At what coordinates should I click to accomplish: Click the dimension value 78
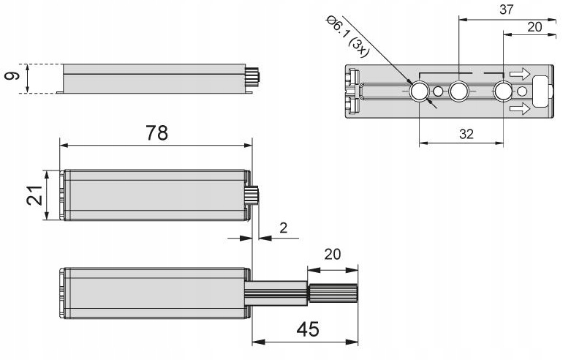pyautogui.click(x=157, y=133)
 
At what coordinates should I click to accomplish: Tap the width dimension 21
pyautogui.click(x=34, y=195)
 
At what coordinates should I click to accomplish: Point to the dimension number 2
pyautogui.click(x=284, y=228)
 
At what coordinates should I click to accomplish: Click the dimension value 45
pyautogui.click(x=308, y=329)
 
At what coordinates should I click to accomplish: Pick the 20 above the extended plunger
pyautogui.click(x=332, y=255)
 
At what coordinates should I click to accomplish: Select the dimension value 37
pyautogui.click(x=506, y=10)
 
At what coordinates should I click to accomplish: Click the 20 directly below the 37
pyautogui.click(x=534, y=27)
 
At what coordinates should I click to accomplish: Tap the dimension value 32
pyautogui.click(x=466, y=134)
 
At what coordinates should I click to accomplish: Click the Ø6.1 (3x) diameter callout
pyautogui.click(x=348, y=36)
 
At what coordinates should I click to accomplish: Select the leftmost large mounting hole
pyautogui.click(x=419, y=91)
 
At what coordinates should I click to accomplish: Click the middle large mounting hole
pyautogui.click(x=458, y=91)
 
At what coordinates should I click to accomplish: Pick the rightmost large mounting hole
pyautogui.click(x=503, y=91)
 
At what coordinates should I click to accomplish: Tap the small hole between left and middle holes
pyautogui.click(x=439, y=91)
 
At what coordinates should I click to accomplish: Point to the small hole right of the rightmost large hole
pyautogui.click(x=522, y=91)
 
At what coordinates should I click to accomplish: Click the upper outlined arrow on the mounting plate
pyautogui.click(x=520, y=74)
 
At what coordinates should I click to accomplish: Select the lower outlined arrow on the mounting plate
pyautogui.click(x=520, y=108)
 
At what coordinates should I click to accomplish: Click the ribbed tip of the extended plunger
pyautogui.click(x=333, y=293)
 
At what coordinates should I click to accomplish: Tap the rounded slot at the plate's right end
pyautogui.click(x=540, y=91)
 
